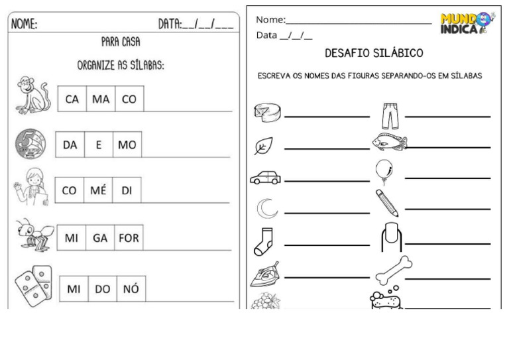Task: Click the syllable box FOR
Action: point(129,237)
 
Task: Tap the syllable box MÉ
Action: point(98,190)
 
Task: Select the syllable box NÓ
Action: point(131,288)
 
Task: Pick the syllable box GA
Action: point(100,237)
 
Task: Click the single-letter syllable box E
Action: point(99,145)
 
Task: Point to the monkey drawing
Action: point(33,95)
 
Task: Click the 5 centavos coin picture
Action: point(30,144)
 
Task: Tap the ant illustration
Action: point(35,235)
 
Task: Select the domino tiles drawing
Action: point(34,286)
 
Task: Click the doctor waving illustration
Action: point(32,187)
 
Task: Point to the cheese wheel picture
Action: point(267,112)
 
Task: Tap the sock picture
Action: point(263,241)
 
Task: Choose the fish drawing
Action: point(390,141)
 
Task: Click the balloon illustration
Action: point(384,171)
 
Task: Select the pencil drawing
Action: point(387,203)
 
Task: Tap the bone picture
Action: point(394,270)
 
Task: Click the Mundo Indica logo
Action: point(468,23)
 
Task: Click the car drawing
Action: point(266,178)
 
